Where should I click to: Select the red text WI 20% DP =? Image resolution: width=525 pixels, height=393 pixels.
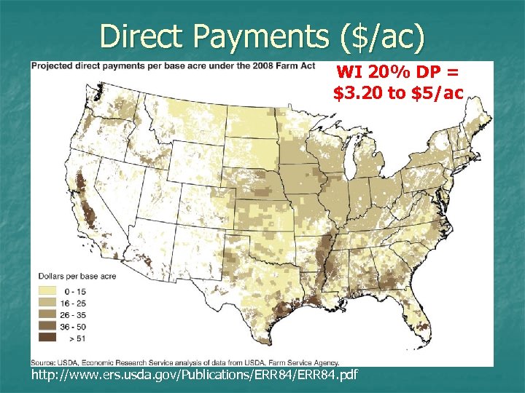(397, 73)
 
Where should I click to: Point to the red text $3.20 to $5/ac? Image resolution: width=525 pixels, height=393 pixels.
(398, 92)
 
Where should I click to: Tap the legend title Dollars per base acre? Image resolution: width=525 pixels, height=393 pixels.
(74, 277)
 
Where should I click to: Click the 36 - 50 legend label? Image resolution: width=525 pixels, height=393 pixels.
(79, 325)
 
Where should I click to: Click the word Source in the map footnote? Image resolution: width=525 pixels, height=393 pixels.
(42, 362)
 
